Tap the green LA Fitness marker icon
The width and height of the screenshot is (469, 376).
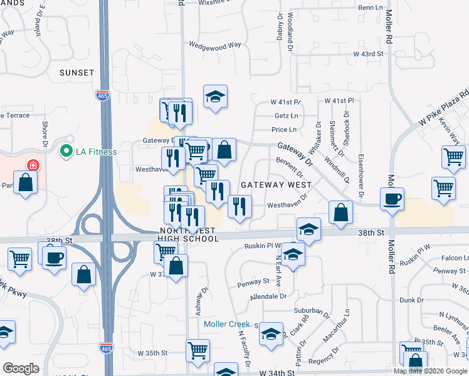click(x=65, y=151)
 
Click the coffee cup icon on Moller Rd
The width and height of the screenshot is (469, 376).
click(x=393, y=199)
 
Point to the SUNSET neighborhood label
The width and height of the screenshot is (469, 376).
click(x=76, y=73)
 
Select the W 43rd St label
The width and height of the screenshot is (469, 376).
click(x=368, y=55)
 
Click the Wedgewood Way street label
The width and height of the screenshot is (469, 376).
click(x=215, y=45)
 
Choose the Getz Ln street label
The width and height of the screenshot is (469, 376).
click(x=286, y=116)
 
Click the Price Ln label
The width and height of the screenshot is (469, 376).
click(x=283, y=130)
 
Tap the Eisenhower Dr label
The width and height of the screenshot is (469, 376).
click(x=361, y=176)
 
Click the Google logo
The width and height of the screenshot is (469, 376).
click(x=21, y=368)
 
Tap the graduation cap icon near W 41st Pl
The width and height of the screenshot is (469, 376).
click(x=215, y=97)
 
